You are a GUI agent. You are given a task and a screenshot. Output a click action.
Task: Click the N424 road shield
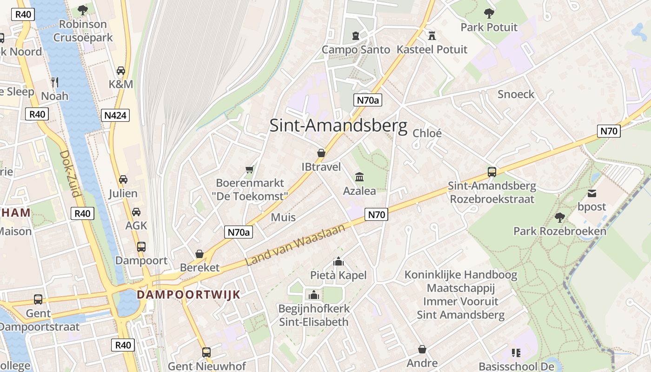pyautogui.click(x=115, y=115)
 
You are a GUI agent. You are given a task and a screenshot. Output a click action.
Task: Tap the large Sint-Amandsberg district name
pyautogui.click(x=338, y=126)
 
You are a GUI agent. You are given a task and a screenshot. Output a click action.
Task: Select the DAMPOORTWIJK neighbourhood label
pyautogui.click(x=188, y=294)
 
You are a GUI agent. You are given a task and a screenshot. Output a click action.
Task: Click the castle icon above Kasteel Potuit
pyautogui.click(x=432, y=35)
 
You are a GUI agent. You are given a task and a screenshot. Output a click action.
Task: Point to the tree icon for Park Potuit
pyautogui.click(x=489, y=13)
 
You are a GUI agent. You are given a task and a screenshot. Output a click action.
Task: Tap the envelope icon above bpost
pyautogui.click(x=592, y=193)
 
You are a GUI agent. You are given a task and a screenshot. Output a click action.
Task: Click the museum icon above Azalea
pyautogui.click(x=359, y=177)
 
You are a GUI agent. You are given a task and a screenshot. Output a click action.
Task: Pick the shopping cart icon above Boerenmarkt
pyautogui.click(x=250, y=169)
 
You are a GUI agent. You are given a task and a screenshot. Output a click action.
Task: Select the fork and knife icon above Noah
pyautogui.click(x=55, y=82)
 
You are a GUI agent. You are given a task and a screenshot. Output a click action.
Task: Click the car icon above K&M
pyautogui.click(x=121, y=71)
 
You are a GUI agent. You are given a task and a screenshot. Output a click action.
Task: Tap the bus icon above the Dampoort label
pyautogui.click(x=141, y=246)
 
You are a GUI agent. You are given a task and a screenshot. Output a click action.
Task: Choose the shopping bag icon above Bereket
pyautogui.click(x=199, y=254)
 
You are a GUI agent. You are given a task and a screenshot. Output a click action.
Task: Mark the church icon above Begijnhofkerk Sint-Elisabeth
pyautogui.click(x=313, y=295)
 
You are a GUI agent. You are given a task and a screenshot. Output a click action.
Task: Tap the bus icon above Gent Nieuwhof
pyautogui.click(x=206, y=352)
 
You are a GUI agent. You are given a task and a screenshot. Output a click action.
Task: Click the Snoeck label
pyautogui.click(x=516, y=94)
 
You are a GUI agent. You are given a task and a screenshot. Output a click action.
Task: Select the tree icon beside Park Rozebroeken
pyautogui.click(x=560, y=217)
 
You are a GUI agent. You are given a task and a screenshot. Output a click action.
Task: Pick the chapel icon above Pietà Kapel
pyautogui.click(x=339, y=261)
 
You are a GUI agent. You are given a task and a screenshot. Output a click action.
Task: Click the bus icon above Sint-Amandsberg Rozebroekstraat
pyautogui.click(x=492, y=172)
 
